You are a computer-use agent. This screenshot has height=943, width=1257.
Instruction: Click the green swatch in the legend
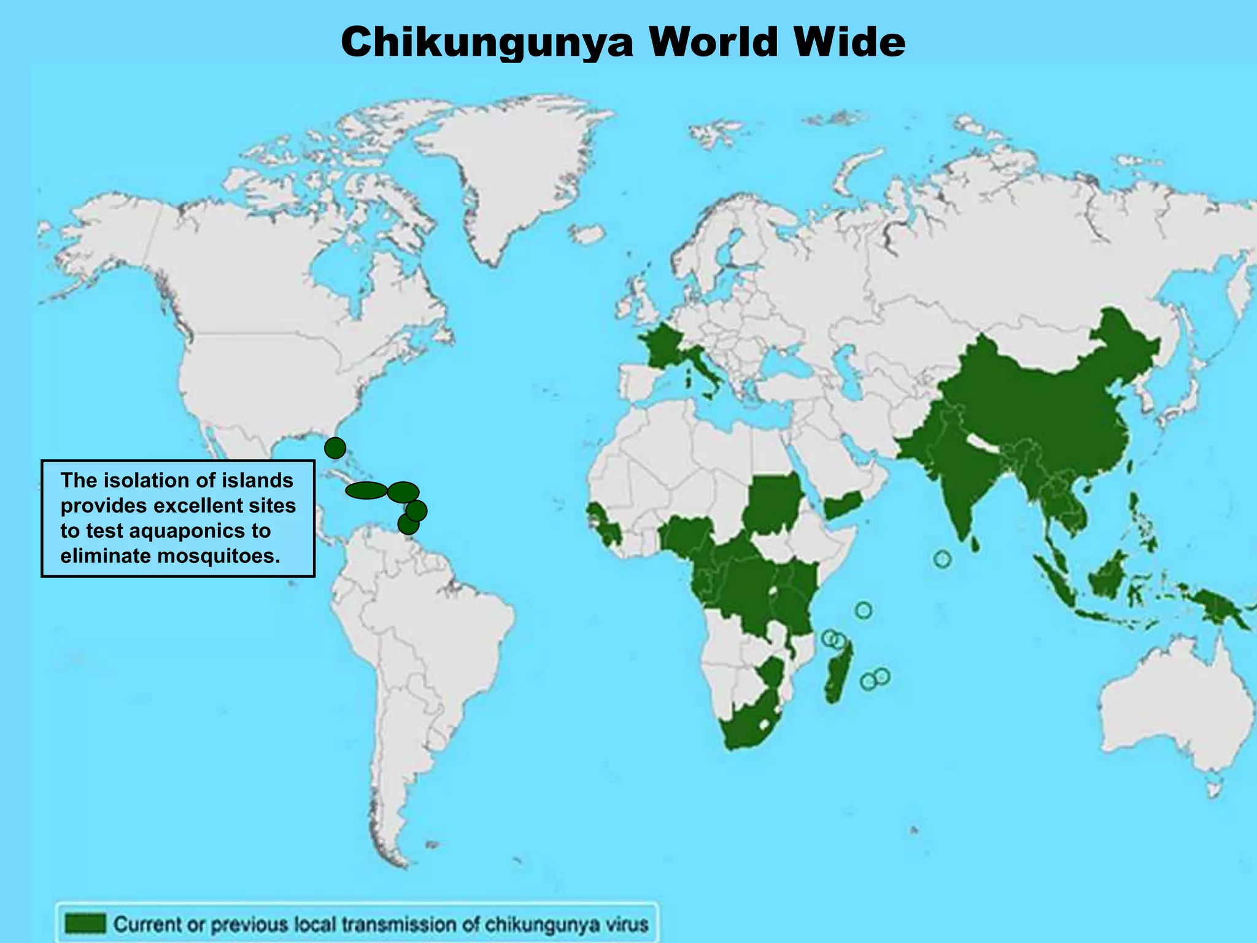point(85,923)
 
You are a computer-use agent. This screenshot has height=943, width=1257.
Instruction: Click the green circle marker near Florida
point(335,448)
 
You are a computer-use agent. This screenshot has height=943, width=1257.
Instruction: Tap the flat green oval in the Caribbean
point(366,491)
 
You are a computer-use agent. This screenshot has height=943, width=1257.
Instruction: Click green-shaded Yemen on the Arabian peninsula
point(842,507)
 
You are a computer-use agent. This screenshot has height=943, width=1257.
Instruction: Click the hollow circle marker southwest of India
point(943,559)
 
